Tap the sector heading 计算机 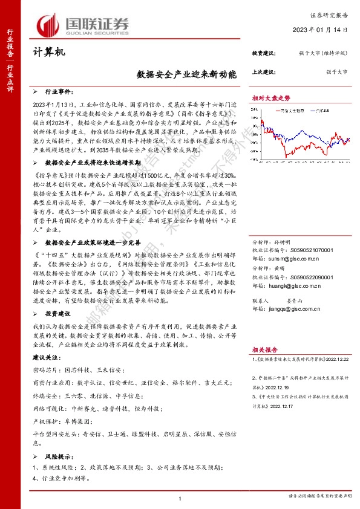48,53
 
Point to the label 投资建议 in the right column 264,53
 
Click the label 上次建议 264,72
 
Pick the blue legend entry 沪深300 324,111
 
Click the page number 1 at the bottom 180,498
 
